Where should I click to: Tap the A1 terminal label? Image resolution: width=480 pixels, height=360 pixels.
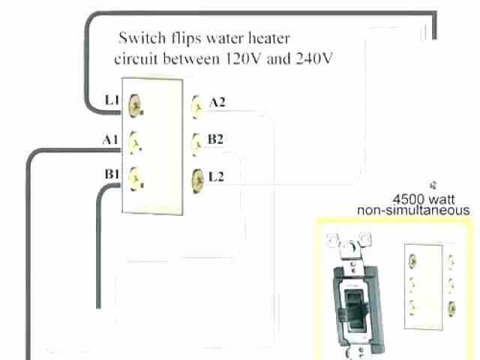(109, 139)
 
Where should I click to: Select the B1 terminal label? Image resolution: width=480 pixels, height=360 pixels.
(112, 174)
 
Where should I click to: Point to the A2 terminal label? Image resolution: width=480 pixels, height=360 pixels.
(217, 103)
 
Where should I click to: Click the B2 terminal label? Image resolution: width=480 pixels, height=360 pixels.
(216, 138)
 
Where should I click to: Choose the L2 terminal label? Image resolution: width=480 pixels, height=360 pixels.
(216, 177)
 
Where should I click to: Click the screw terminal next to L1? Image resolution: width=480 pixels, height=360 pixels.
(136, 103)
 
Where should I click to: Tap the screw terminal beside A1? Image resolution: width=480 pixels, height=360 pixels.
(136, 139)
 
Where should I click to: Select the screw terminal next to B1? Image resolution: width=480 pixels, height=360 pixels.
(136, 177)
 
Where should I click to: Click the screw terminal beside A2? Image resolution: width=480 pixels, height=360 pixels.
(197, 104)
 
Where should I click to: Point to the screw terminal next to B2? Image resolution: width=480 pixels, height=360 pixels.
(197, 140)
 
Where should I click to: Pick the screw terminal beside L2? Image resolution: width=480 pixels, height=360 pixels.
(197, 178)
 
